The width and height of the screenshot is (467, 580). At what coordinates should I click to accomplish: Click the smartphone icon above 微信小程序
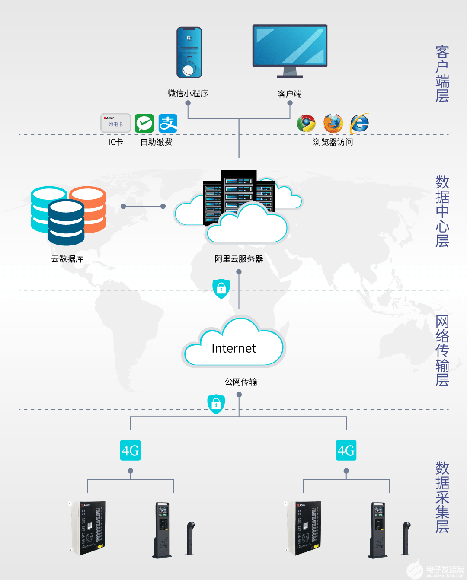[189, 53]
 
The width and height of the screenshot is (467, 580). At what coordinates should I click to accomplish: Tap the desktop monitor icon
[290, 50]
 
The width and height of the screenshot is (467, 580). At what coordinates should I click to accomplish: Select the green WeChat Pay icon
[144, 124]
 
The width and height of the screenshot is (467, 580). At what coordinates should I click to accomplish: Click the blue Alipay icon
[168, 124]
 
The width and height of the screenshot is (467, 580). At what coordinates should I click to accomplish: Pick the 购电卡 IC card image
[115, 123]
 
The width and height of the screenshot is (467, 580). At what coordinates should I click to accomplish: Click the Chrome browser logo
[306, 124]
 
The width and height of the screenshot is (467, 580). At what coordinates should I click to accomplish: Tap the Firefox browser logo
[333, 124]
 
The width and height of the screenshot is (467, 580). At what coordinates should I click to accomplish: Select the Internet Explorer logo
[359, 124]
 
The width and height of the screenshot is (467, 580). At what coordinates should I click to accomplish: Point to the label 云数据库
[67, 259]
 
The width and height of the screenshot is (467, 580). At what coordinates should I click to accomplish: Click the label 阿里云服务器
[239, 259]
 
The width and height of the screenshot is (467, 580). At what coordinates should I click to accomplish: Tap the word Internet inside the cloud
[233, 348]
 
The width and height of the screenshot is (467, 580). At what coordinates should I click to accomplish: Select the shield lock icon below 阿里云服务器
[221, 288]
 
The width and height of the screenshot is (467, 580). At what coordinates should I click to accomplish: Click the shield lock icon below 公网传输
[216, 404]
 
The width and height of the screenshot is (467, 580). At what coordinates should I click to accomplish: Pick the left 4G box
[130, 450]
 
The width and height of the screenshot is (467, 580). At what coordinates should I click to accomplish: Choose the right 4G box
[346, 450]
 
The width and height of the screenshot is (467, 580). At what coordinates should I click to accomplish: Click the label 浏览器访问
[333, 142]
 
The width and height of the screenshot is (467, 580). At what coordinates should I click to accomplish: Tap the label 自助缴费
[156, 142]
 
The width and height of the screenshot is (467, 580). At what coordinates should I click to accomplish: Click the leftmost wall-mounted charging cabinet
[89, 528]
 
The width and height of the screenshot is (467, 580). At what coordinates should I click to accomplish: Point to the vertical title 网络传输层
[442, 351]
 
